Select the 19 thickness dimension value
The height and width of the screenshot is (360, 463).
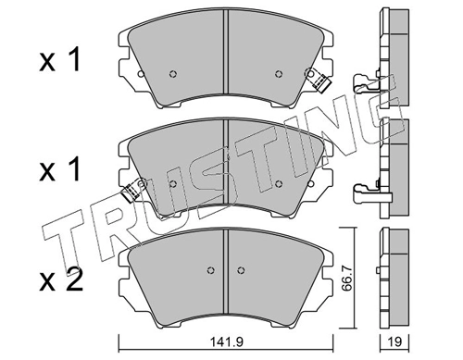click(392, 342)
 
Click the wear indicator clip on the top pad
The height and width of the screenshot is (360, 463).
click(321, 81)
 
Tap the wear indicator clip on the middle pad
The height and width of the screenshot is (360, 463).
click(131, 191)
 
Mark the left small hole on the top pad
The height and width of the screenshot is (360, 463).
click(173, 76)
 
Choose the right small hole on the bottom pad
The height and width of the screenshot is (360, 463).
click(243, 270)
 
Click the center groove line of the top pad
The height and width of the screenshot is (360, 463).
click(227, 56)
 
